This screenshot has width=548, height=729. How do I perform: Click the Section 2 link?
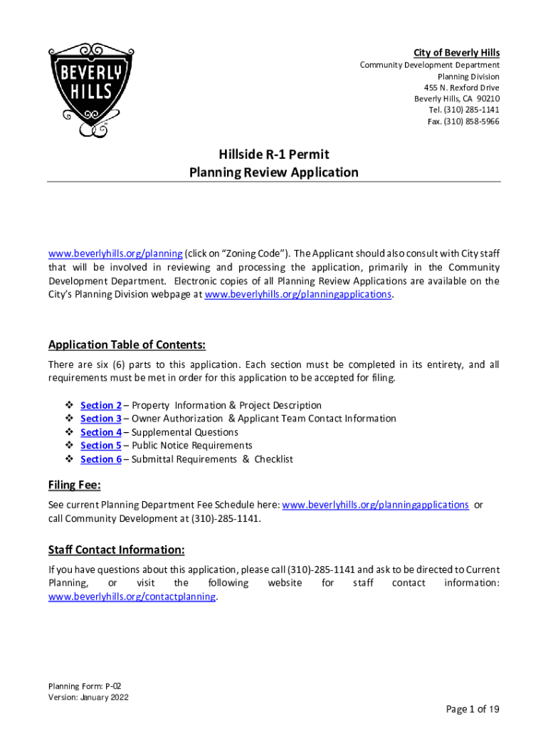point(101,405)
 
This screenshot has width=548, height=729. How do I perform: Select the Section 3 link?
point(101,419)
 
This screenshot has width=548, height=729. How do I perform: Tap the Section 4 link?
point(101,432)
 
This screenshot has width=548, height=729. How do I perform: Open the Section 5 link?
point(101,446)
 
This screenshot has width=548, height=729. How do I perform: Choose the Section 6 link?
point(101,459)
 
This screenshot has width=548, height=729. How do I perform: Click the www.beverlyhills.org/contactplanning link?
point(132,597)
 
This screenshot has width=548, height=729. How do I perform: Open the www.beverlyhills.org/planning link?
point(115,254)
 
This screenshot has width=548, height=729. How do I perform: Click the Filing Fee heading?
point(75,486)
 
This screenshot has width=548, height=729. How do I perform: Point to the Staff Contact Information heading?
point(117,550)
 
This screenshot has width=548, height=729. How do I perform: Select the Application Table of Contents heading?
point(127,345)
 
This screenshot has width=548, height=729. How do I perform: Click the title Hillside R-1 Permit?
point(274,154)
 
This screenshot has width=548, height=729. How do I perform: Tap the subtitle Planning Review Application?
point(274,172)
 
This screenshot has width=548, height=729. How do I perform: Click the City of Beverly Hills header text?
point(456,53)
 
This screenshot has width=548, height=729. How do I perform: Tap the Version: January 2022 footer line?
point(88,698)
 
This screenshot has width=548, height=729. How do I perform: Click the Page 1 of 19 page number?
point(473,709)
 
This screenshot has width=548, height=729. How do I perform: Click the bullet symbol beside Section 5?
point(69,446)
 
